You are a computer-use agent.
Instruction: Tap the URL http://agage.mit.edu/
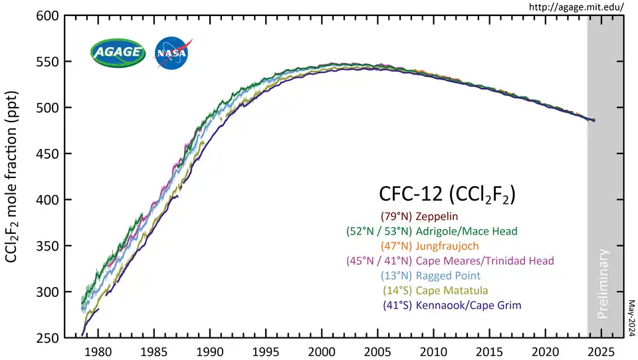coord(576,7)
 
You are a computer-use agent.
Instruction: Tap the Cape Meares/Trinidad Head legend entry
coord(450,261)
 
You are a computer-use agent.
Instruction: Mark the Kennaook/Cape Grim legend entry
coord(452,306)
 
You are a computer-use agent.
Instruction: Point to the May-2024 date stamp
coord(631,316)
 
